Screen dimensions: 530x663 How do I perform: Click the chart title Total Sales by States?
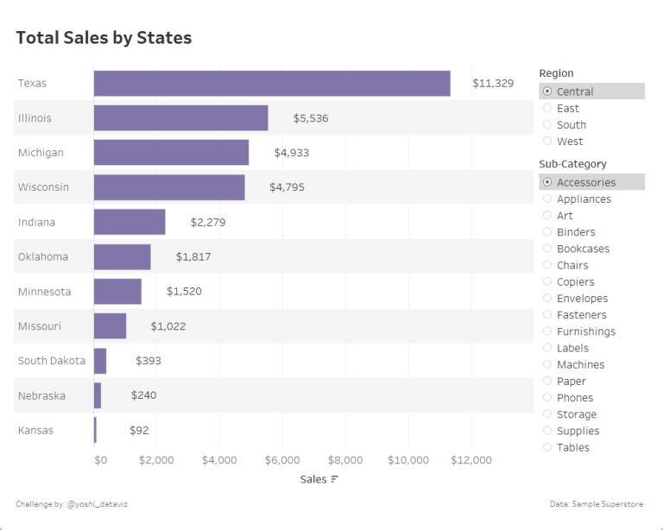click(104, 38)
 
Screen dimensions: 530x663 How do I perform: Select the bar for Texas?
click(272, 84)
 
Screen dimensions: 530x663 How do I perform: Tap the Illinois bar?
click(180, 118)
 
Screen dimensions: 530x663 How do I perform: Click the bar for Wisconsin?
click(169, 187)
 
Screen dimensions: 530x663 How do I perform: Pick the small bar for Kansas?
click(95, 430)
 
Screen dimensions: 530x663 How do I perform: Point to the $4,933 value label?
click(291, 153)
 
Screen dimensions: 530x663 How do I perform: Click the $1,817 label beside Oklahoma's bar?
click(193, 256)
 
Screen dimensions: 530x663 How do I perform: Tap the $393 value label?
click(148, 361)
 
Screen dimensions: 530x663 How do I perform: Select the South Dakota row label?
click(52, 361)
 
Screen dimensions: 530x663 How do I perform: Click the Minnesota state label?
click(45, 292)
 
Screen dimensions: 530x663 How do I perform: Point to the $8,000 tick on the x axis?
click(345, 460)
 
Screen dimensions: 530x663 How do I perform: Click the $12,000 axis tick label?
click(470, 460)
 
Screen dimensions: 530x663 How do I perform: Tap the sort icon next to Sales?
click(334, 479)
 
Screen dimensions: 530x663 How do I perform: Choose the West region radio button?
click(547, 142)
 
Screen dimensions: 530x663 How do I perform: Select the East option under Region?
click(547, 109)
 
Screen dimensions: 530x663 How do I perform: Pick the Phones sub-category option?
click(547, 398)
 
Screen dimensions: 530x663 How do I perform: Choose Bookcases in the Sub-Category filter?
click(547, 249)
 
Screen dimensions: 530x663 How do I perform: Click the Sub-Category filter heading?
click(572, 164)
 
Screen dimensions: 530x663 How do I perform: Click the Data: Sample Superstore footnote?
click(596, 503)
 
